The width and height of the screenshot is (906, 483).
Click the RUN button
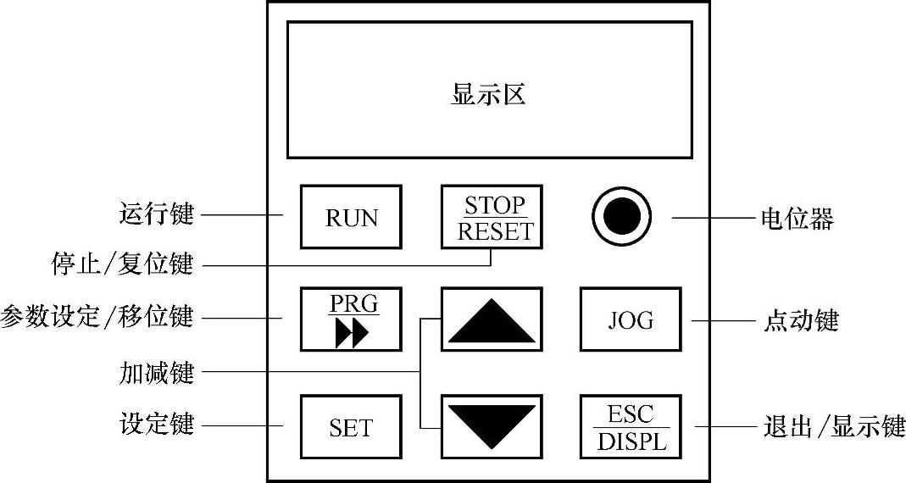[351, 216]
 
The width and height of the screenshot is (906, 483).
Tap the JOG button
[631, 319]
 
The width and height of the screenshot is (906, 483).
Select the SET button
[351, 427]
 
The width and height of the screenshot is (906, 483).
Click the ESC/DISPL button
[631, 426]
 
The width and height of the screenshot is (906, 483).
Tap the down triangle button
[492, 425]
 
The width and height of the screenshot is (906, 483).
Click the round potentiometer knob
[620, 216]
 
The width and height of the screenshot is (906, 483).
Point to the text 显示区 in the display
[488, 94]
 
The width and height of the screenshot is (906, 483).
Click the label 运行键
[157, 214]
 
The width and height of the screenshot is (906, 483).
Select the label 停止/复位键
[122, 265]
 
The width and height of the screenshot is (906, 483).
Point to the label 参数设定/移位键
[97, 318]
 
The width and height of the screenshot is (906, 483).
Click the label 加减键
[157, 371]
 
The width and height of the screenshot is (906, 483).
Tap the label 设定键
[157, 424]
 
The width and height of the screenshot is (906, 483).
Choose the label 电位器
[797, 219]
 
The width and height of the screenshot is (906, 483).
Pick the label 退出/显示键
[830, 425]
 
